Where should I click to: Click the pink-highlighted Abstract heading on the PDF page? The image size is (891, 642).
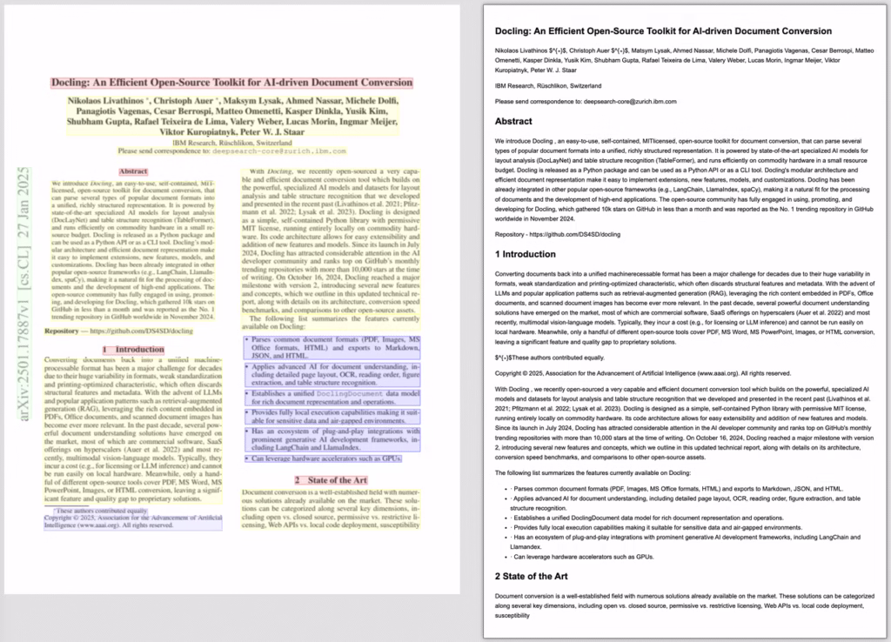[132, 171]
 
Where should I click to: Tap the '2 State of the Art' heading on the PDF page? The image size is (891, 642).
[331, 479]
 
